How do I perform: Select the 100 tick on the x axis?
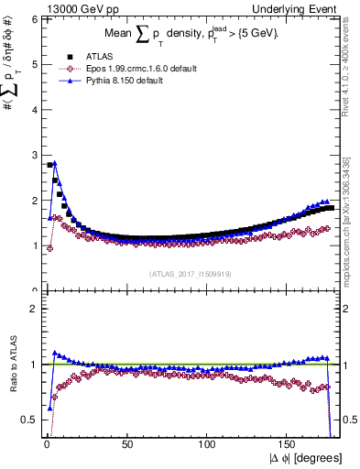pyautogui.click(x=208, y=442)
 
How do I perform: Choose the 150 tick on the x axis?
pyautogui.click(x=291, y=442)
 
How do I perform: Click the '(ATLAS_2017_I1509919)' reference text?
pyautogui.click(x=190, y=273)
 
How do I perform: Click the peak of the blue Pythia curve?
pyautogui.click(x=55, y=163)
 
